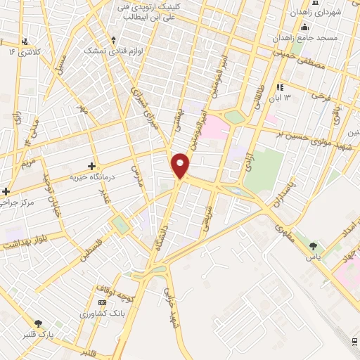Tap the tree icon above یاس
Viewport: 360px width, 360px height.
coord(313,246)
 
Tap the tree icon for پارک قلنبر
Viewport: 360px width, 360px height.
coord(38,323)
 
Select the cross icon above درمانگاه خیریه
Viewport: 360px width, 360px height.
coord(91,166)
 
